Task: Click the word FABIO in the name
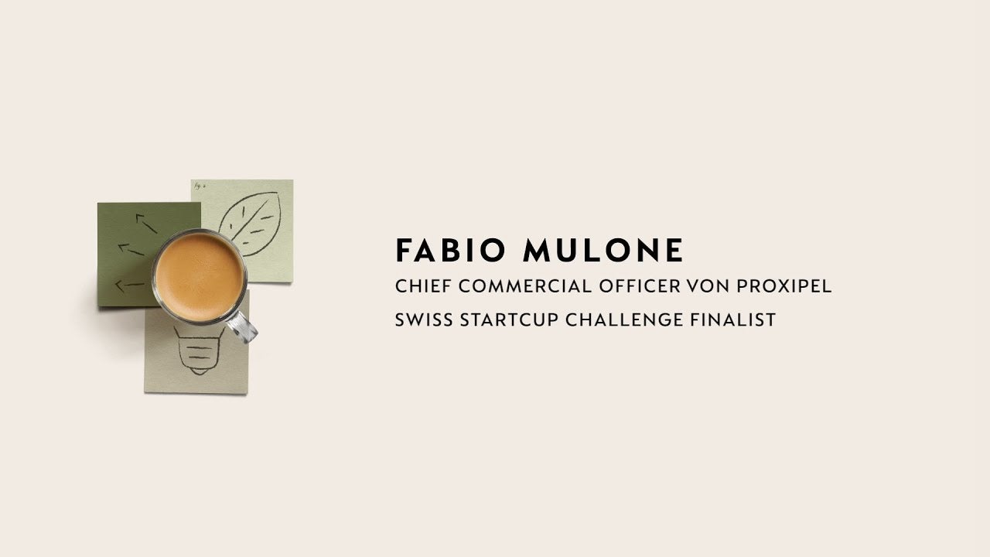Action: point(450,250)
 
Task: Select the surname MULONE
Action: point(603,250)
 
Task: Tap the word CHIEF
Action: point(423,286)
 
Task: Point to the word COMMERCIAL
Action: point(525,286)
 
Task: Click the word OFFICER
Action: point(640,286)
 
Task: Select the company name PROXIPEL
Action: point(784,286)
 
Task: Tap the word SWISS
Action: point(424,320)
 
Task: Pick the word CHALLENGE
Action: point(624,320)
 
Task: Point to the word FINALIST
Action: point(733,320)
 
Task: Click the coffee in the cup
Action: point(200,277)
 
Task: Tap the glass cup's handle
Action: point(242,327)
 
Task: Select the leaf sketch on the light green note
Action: point(250,224)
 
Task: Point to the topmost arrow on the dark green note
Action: point(146,224)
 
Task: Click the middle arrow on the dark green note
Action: point(131,249)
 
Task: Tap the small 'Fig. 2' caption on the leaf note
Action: point(200,186)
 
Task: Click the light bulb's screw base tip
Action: point(199,373)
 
